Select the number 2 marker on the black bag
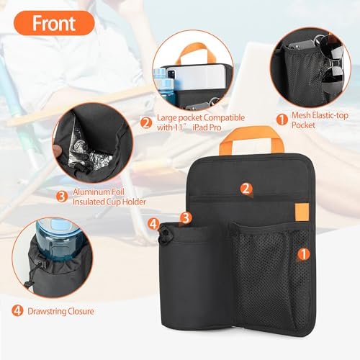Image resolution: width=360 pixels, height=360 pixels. click(x=246, y=189)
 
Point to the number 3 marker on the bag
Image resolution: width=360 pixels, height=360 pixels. click(x=186, y=217)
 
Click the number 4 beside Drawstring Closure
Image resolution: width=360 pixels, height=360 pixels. click(x=17, y=312)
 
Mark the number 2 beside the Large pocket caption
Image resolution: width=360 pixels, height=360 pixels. click(x=145, y=122)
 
